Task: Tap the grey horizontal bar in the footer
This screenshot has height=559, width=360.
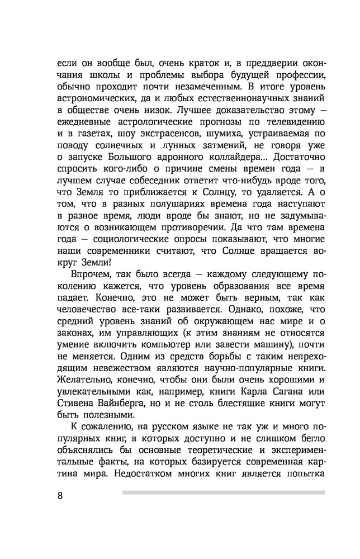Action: [x=223, y=492]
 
